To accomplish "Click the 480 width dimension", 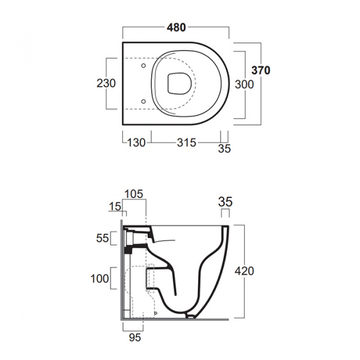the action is tap(176, 28).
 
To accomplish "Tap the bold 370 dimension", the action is tap(260, 70).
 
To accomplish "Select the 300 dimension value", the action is tap(244, 85).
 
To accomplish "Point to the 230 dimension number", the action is tap(106, 83).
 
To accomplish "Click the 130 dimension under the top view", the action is tap(136, 143).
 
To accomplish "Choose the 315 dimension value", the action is tap(187, 143).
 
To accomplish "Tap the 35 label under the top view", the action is tap(224, 149).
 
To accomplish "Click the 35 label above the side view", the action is tap(225, 202).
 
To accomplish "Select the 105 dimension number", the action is tap(134, 194).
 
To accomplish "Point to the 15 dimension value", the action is tap(115, 206).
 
